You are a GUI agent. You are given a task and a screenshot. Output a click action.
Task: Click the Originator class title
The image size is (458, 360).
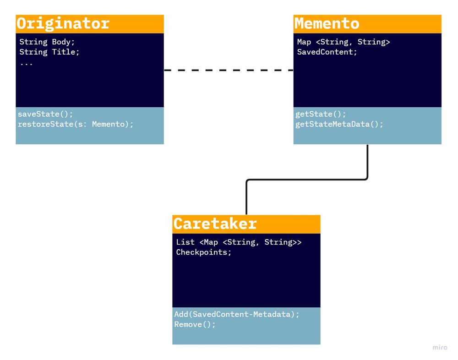63,23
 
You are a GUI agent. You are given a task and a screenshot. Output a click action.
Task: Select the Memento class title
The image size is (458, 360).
327,23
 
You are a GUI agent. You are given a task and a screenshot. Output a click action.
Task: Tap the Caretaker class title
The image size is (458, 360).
215,224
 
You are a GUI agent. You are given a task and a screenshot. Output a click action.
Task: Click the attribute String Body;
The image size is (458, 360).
47,42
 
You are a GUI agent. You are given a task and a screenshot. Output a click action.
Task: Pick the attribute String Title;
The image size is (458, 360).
49,52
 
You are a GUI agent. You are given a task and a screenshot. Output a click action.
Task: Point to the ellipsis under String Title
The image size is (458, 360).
26,63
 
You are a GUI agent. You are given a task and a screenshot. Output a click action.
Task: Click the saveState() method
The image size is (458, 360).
45,114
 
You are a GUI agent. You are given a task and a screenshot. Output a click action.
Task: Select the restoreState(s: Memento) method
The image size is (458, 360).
76,124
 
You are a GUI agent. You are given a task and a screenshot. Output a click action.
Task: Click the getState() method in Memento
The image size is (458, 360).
321,114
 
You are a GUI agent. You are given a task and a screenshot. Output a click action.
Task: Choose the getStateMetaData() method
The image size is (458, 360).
339,124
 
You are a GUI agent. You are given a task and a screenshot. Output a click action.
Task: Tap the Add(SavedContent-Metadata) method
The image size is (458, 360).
236,314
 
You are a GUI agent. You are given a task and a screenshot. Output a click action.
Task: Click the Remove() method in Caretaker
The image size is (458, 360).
195,324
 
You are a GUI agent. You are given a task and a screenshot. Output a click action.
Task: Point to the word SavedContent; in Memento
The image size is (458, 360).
327,52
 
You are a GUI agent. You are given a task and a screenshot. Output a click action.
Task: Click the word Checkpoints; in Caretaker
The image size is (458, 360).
204,252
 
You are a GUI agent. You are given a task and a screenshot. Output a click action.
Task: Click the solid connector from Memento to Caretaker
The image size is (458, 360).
307,180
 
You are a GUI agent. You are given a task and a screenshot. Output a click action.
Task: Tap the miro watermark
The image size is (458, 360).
440,348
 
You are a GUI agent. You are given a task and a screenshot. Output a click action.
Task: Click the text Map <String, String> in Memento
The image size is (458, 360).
343,42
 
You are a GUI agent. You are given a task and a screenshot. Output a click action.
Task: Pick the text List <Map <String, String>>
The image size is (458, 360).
239,242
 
